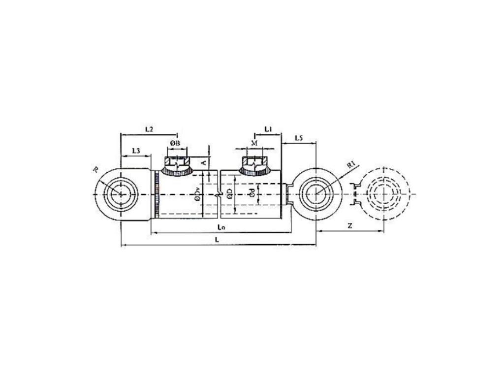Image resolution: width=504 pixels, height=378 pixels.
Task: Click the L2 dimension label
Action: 149,129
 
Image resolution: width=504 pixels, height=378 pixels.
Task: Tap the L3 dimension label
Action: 137,151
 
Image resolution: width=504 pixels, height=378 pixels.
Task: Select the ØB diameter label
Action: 176,143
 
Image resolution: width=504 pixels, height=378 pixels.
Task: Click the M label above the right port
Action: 254,143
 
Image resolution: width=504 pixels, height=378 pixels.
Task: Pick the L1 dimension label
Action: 269,129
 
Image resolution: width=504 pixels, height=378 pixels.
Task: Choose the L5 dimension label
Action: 299,138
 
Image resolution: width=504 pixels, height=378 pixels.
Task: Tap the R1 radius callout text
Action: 351,165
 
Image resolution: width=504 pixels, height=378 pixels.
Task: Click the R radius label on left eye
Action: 95,170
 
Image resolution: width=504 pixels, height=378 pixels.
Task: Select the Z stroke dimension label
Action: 349,225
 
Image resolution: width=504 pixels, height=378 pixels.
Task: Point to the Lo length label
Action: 221,227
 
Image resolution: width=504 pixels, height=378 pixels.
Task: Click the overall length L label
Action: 218,239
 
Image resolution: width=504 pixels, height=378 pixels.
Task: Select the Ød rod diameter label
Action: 251,193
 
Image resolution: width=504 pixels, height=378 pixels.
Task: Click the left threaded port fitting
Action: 177,165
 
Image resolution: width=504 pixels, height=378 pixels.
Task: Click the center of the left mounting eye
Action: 120,194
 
